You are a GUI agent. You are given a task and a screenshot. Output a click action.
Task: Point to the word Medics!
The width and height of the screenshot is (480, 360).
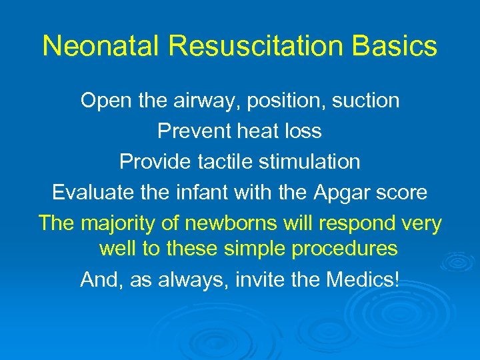tap(363, 279)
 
